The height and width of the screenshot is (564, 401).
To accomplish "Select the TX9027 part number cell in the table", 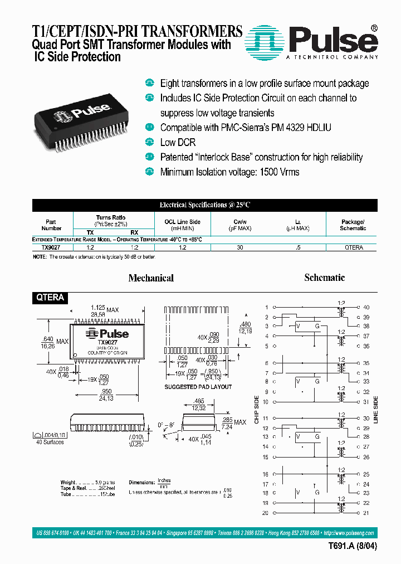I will (x=51, y=246).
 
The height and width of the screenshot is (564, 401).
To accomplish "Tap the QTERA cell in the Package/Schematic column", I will (x=353, y=246).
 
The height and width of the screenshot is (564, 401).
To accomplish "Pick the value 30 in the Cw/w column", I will (x=239, y=246).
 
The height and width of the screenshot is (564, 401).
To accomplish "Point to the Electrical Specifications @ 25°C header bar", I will (x=205, y=205).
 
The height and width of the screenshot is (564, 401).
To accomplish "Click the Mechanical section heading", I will (x=151, y=278).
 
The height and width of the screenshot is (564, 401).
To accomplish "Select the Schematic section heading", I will (x=324, y=277).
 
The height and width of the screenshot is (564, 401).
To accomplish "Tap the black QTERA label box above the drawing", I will (x=51, y=298).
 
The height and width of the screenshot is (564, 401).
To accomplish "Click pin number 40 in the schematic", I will (x=366, y=308).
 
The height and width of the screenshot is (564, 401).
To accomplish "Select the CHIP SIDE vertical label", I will (x=257, y=409).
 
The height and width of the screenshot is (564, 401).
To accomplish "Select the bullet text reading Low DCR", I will (x=178, y=142).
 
